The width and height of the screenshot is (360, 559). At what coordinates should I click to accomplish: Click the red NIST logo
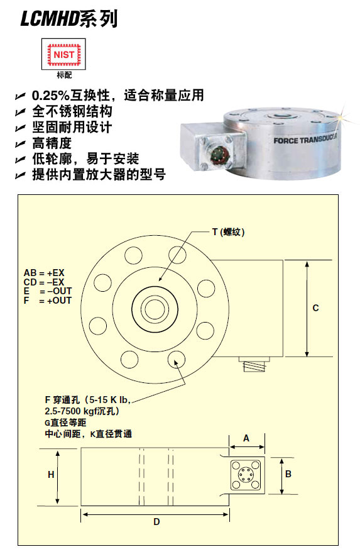pos(63,55)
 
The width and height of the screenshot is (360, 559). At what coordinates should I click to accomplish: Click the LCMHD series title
pos(69,19)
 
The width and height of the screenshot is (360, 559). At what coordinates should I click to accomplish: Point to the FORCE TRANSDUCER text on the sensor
pos(305,140)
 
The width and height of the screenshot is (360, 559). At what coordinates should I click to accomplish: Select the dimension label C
pos(315,308)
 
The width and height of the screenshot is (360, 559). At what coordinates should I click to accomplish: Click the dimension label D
pos(156,522)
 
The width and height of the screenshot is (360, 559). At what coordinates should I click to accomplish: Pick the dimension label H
pos(51,475)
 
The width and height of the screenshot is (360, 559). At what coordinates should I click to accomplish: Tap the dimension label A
pos(246,438)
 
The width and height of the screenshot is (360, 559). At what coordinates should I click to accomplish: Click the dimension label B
pos(288,473)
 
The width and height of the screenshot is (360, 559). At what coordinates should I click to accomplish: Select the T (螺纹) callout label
pos(228,232)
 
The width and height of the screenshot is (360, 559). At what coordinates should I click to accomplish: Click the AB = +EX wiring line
pos(44,273)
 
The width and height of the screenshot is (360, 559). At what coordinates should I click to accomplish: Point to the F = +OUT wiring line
pos(47,301)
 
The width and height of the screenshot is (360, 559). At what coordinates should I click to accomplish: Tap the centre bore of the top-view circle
pos(155,308)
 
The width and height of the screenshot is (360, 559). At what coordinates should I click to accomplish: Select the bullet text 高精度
pos(52,143)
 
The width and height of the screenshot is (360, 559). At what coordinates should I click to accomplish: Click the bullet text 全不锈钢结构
pos(72,111)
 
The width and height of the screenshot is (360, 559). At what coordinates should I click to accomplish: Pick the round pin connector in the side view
pos(245,475)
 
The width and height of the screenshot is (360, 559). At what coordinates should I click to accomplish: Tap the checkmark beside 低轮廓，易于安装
pos(20,160)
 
